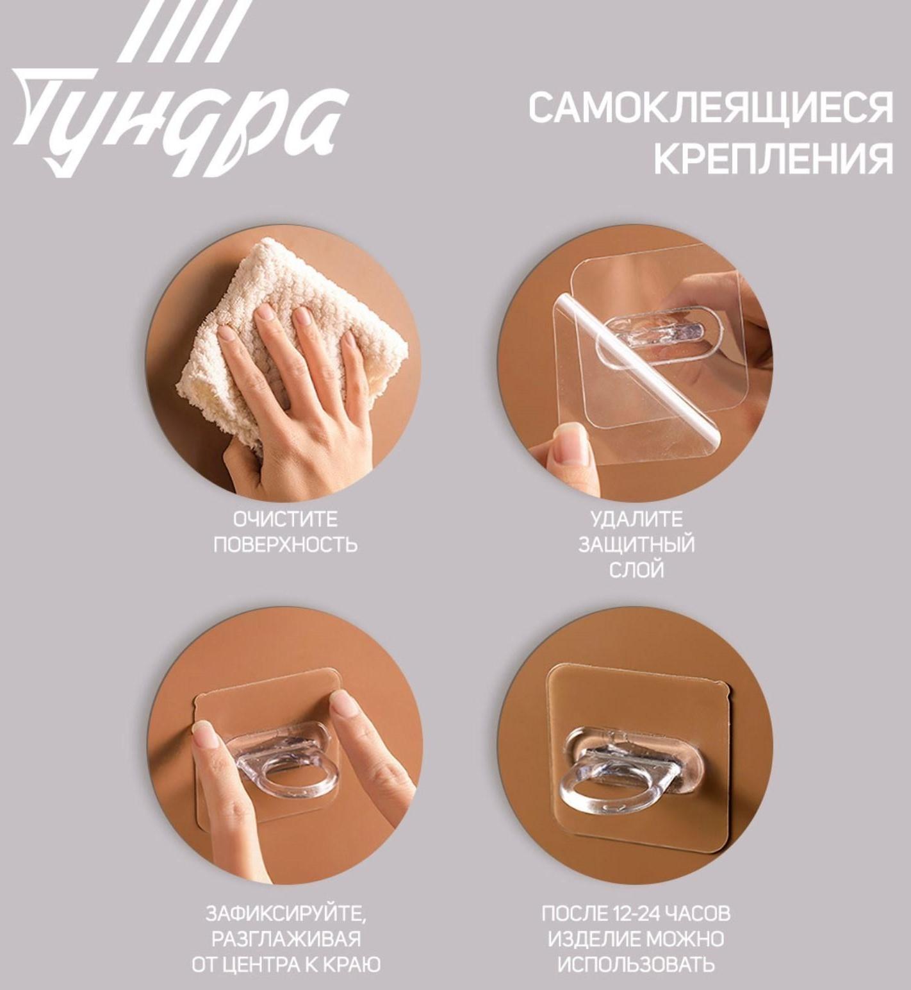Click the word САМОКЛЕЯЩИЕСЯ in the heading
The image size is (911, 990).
(x=710, y=107)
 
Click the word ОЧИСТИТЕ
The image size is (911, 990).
(x=285, y=519)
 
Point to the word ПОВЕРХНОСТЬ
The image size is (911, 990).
(x=285, y=544)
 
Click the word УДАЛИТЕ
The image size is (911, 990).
(x=636, y=519)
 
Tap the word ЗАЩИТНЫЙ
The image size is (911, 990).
(x=636, y=544)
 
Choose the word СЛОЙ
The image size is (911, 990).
(x=636, y=569)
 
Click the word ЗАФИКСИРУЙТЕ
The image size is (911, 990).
(x=286, y=912)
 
